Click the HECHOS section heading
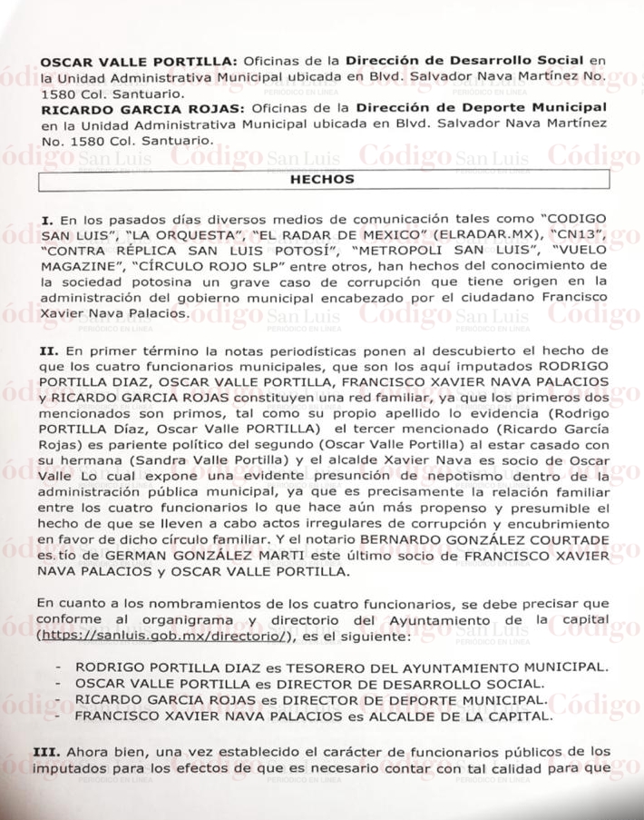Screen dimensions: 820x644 [321, 180]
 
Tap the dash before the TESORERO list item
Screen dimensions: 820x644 [58, 666]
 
